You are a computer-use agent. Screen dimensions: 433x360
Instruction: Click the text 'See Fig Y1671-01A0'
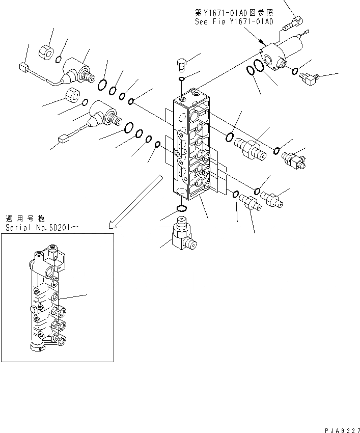click(x=234, y=22)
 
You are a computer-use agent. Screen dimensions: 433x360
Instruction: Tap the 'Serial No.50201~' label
click(x=42, y=228)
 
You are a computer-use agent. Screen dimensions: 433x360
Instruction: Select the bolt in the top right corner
click(x=294, y=21)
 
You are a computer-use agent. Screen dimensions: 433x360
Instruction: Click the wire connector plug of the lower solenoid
click(x=64, y=138)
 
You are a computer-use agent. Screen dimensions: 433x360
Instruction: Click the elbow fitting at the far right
click(x=309, y=78)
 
